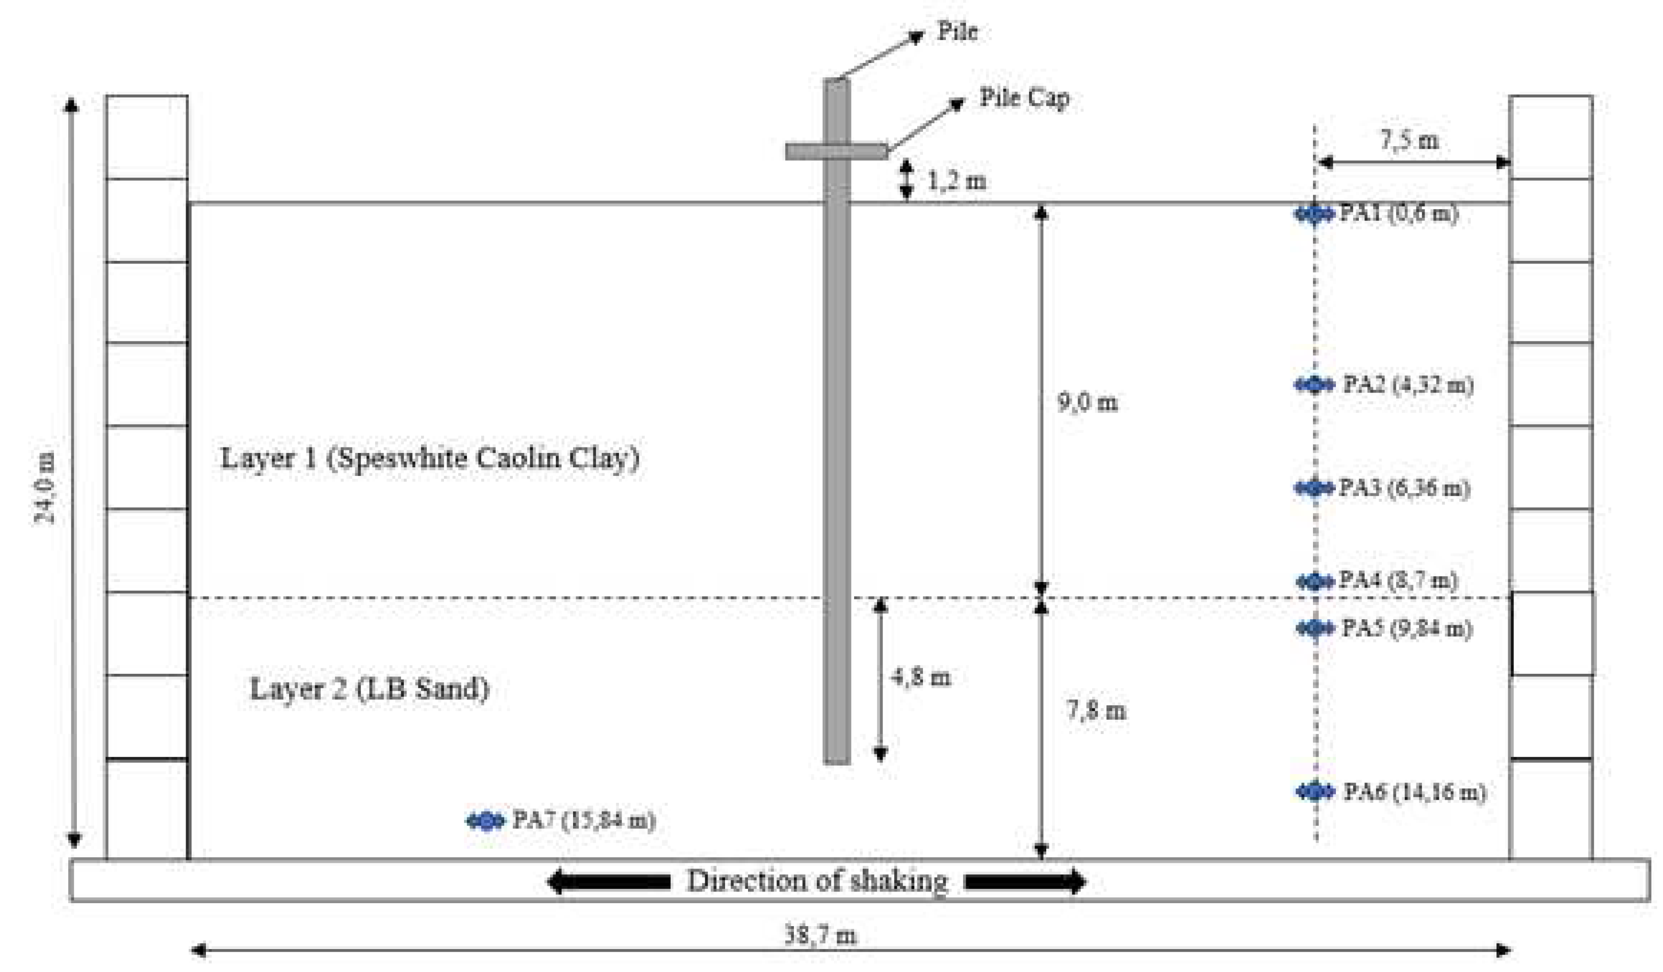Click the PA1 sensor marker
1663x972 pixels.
[1314, 214]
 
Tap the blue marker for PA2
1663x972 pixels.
[1314, 384]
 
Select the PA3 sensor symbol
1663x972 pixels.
[1314, 488]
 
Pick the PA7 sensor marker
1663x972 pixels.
[486, 821]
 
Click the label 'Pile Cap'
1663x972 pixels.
[1023, 98]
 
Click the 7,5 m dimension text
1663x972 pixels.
[1410, 140]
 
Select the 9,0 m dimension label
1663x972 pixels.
[1087, 402]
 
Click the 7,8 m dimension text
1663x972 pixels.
[1096, 711]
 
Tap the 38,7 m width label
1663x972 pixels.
[820, 934]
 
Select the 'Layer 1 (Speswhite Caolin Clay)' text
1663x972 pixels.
[429, 458]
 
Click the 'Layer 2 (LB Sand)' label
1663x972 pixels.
[370, 689]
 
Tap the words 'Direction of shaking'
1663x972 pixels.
[817, 880]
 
